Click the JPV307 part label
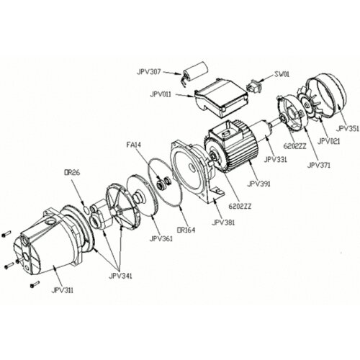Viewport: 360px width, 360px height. tap(148, 72)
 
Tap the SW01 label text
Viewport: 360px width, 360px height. tap(282, 74)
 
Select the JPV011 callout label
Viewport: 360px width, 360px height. tap(161, 94)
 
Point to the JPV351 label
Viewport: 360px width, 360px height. tap(347, 129)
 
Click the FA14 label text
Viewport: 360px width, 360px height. tap(135, 145)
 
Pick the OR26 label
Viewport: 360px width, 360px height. tap(71, 172)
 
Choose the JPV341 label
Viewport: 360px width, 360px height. tap(120, 276)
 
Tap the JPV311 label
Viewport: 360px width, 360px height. tap(63, 290)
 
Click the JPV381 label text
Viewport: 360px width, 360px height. tap(223, 222)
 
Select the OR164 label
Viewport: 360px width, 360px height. tap(186, 230)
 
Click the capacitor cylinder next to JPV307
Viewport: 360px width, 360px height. tap(195, 70)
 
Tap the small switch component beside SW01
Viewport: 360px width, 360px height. tap(253, 86)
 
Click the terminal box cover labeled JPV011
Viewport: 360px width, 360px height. tap(221, 98)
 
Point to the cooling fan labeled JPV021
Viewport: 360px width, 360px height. tap(310, 103)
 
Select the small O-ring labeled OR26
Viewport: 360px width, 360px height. tap(86, 210)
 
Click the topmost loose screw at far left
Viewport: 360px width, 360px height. tap(6, 234)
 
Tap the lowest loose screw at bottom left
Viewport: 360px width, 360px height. tap(35, 284)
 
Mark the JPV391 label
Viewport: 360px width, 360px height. tap(258, 184)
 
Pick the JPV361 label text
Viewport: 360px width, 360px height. tap(161, 239)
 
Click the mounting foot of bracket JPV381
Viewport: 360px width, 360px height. tap(214, 194)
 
